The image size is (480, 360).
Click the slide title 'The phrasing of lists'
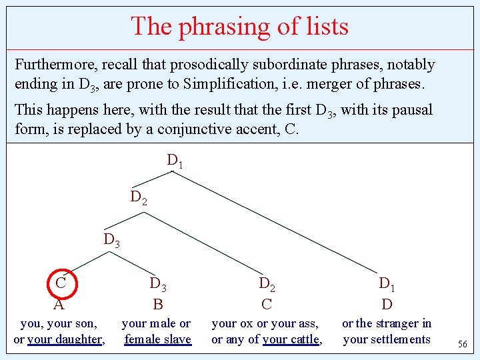(x=239, y=27)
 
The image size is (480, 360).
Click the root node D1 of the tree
(x=175, y=161)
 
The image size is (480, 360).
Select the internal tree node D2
(x=139, y=198)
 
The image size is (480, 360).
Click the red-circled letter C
(x=60, y=283)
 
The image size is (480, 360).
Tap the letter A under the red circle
(x=59, y=305)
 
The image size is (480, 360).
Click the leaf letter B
(x=158, y=305)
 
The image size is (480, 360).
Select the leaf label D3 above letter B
(x=158, y=285)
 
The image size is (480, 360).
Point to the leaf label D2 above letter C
(x=267, y=285)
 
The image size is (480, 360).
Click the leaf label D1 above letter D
(x=387, y=285)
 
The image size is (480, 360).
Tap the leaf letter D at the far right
(x=387, y=305)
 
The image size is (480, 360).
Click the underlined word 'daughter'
(x=79, y=339)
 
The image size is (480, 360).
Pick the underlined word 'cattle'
(x=305, y=339)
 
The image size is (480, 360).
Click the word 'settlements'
(x=399, y=339)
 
